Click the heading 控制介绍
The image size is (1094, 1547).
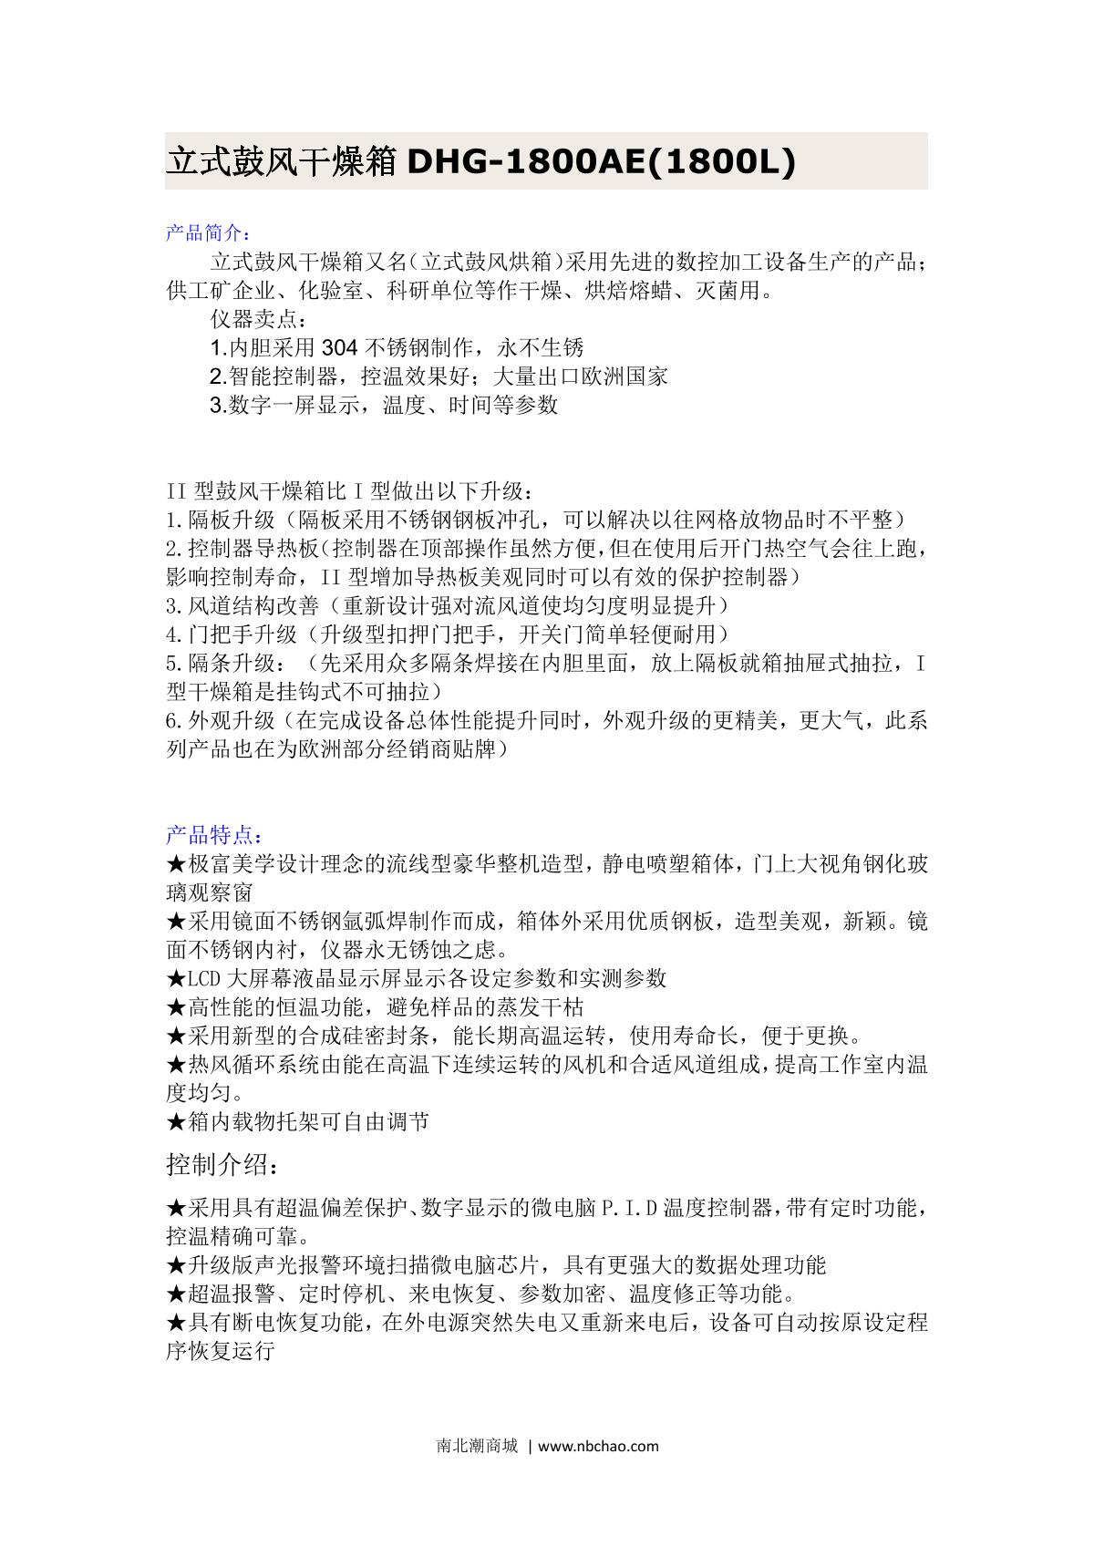220,1164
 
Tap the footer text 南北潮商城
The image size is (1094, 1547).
477,1446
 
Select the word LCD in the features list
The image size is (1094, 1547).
204,978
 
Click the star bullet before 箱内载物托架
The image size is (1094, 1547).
176,1121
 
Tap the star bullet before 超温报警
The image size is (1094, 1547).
176,1294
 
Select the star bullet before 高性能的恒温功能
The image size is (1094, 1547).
176,1006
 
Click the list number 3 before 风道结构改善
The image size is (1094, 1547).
172,605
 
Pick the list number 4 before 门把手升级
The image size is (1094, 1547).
172,634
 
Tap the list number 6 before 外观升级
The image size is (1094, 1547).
172,720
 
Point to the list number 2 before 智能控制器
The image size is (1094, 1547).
216,376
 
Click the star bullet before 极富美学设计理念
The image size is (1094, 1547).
176,863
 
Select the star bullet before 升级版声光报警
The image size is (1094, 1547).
176,1265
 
